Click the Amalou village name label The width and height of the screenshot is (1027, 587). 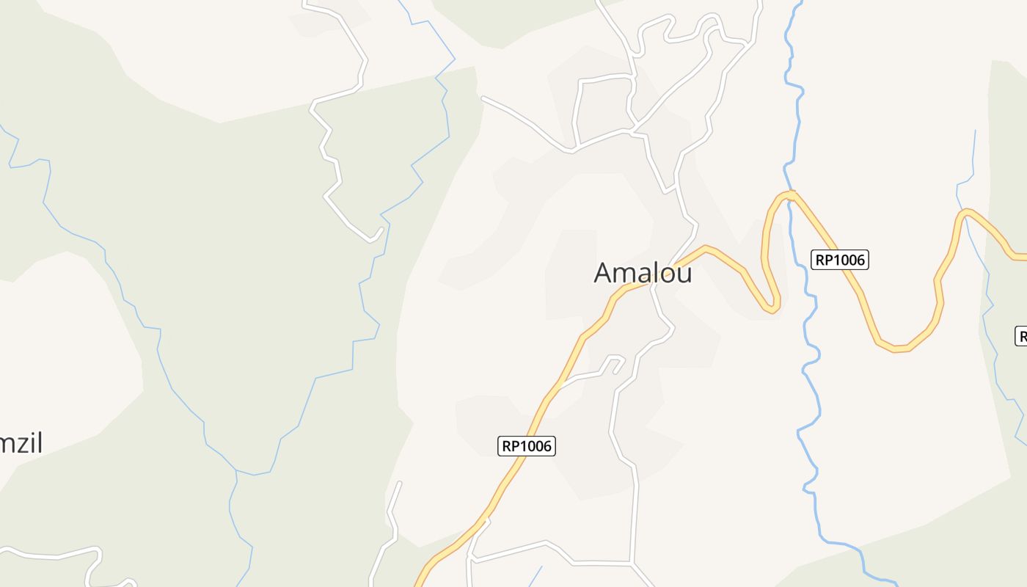click(643, 272)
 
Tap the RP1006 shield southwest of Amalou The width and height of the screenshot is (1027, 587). click(527, 445)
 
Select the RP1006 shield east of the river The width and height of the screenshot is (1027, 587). click(839, 259)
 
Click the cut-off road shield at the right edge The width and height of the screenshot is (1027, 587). click(1021, 336)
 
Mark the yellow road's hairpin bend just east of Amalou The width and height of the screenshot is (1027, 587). click(770, 307)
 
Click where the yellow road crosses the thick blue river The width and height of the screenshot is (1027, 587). click(790, 195)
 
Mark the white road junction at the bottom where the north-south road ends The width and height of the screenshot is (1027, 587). click(632, 563)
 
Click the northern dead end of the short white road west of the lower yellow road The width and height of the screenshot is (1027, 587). click(400, 484)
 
